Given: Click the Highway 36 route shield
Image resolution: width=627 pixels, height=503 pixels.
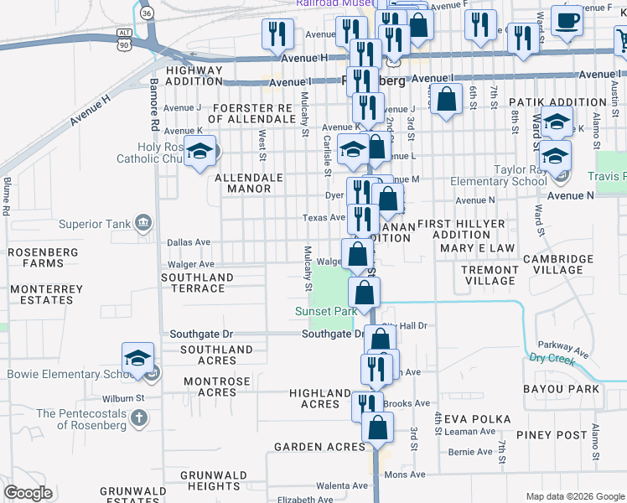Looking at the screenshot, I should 147,13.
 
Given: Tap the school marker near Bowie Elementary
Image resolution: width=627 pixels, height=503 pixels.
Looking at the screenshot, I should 137,359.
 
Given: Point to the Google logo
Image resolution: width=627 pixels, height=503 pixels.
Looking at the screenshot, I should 28,493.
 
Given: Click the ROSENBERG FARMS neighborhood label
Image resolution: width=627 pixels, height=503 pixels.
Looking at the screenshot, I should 43,257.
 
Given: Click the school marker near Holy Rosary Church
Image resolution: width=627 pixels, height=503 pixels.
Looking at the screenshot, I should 199,153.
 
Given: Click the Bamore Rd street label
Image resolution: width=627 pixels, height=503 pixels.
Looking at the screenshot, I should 154,105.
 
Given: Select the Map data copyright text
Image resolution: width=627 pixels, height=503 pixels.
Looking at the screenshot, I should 574,496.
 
